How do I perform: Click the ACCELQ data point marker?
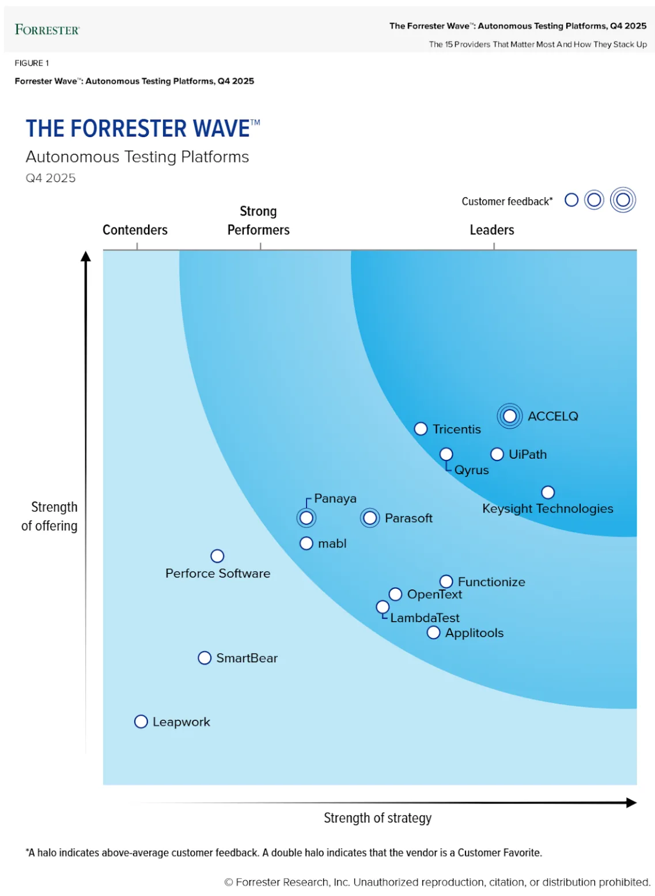click(x=509, y=416)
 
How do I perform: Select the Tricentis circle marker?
click(x=421, y=429)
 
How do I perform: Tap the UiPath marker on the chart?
click(x=497, y=455)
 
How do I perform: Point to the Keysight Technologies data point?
click(x=548, y=493)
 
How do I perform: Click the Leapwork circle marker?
click(x=141, y=722)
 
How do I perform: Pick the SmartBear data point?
click(x=205, y=658)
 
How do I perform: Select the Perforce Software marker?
click(x=217, y=556)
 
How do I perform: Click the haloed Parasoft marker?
click(x=370, y=518)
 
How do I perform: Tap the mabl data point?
click(x=306, y=543)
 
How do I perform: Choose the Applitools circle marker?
click(x=433, y=633)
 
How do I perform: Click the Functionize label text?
click(x=491, y=582)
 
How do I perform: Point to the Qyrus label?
click(x=471, y=470)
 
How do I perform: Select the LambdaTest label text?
click(x=425, y=618)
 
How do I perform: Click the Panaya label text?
click(x=335, y=498)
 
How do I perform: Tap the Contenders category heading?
click(x=135, y=230)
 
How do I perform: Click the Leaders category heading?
click(x=492, y=230)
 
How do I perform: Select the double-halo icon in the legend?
click(x=623, y=200)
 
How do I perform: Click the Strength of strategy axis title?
click(x=377, y=818)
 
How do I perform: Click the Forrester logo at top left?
click(x=47, y=30)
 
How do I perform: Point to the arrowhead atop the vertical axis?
click(x=86, y=256)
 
